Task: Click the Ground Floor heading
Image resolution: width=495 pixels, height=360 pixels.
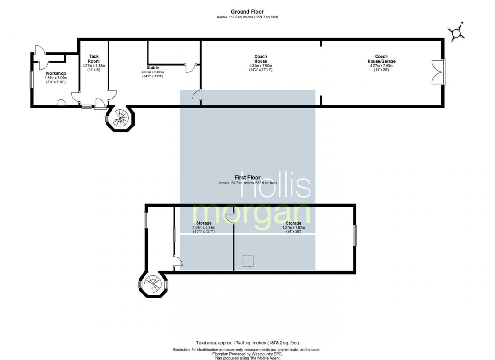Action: [x=247, y=12]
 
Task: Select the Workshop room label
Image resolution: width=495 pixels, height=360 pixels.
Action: [x=56, y=73]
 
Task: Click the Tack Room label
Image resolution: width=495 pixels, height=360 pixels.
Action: [x=94, y=59]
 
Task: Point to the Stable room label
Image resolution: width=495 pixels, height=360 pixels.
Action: [x=153, y=67]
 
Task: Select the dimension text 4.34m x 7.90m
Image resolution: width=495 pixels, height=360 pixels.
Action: [x=261, y=66]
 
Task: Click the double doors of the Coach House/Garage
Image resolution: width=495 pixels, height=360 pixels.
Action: [x=438, y=72]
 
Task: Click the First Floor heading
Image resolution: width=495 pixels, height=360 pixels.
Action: [x=247, y=178]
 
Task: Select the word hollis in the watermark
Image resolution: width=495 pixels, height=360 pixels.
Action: [x=275, y=185]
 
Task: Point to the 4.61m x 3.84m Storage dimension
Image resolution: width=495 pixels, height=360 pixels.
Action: [x=203, y=228]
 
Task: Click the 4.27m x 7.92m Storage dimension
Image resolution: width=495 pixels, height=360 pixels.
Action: [x=293, y=228]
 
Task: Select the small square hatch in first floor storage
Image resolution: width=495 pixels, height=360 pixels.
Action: [x=248, y=261]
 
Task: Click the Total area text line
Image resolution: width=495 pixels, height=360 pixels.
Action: [x=247, y=343]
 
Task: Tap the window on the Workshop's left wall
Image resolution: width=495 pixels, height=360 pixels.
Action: [x=31, y=80]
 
